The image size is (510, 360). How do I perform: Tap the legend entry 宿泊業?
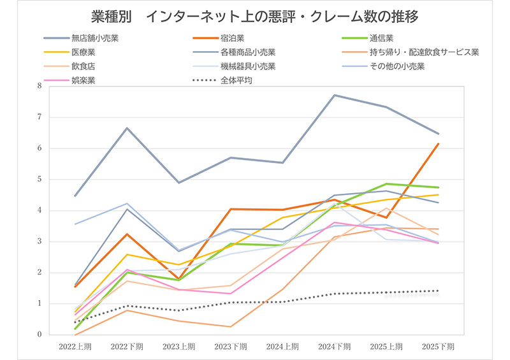[233, 38]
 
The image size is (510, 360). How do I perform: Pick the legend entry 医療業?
[84, 52]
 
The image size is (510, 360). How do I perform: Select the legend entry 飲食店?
[84, 66]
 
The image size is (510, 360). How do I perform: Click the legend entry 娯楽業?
[84, 80]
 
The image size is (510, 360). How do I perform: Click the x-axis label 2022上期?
[75, 347]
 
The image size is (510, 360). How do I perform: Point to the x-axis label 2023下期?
[231, 347]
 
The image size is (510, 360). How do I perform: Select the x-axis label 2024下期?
[335, 347]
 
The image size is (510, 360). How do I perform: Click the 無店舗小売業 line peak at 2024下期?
[335, 95]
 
